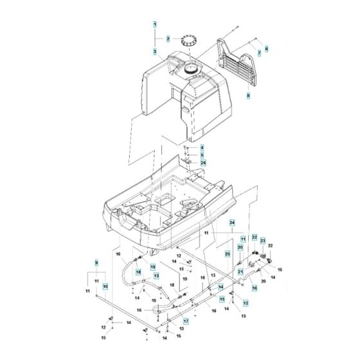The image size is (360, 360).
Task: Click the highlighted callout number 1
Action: pos(155,24)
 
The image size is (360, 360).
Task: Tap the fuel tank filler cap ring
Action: pos(190,41)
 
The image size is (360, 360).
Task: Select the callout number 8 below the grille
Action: pos(248,95)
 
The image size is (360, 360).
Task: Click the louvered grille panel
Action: pos(236,64)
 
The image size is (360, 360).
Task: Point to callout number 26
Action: pos(203,163)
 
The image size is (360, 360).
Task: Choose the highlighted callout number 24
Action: pos(232,223)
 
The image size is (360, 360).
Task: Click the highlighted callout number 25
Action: pos(228,254)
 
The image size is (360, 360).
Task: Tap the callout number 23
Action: pos(263,241)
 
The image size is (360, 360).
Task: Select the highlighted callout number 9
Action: pos(96,263)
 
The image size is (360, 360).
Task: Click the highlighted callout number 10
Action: pos(105,286)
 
